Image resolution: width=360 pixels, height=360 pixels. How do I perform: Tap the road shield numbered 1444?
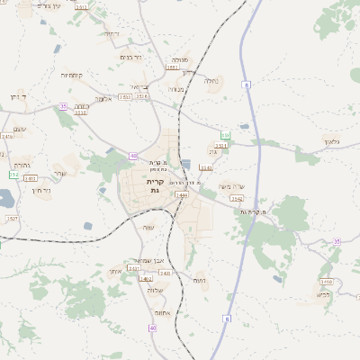coord(182,194)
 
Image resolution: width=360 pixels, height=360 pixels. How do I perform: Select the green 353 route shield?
coord(226,136)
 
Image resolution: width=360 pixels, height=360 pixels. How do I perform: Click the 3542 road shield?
coord(237,199)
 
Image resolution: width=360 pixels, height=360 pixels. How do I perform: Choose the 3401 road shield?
coord(134,268)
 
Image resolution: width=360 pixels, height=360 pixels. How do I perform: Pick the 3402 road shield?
coord(146,279)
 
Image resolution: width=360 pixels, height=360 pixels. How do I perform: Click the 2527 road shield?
coord(12,218)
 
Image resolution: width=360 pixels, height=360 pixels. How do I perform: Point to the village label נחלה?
coord(211,81)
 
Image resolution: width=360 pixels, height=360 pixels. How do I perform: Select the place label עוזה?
coord(149,227)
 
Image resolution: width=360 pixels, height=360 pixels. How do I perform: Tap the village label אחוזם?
coord(162,312)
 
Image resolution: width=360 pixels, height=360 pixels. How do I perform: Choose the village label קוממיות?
coord(72,76)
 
